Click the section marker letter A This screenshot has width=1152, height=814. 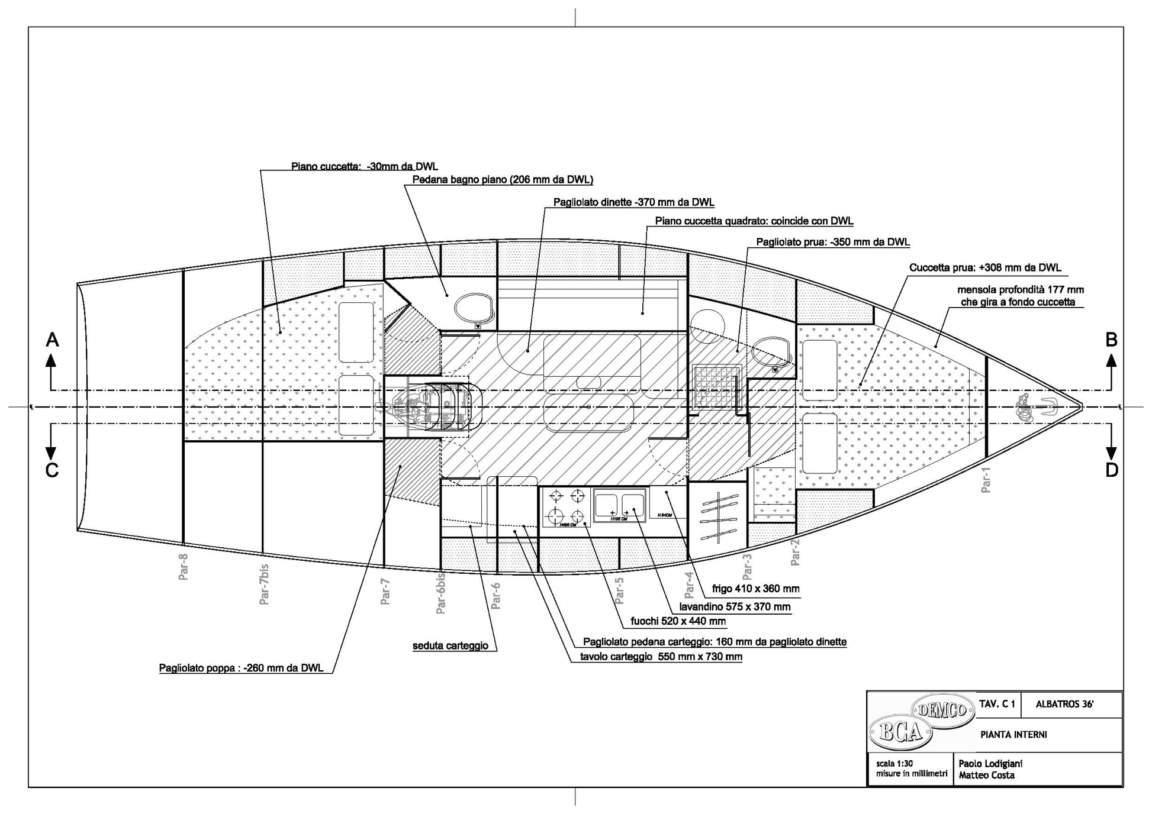click(x=53, y=340)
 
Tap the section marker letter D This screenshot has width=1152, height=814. click(x=1112, y=470)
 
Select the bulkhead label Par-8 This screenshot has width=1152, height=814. click(x=184, y=566)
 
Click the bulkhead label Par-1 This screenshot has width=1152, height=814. click(x=986, y=479)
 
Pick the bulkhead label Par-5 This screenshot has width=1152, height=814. click(x=619, y=590)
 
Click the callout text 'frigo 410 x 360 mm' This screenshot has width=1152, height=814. click(x=755, y=589)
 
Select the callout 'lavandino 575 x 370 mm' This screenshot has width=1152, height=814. click(x=735, y=606)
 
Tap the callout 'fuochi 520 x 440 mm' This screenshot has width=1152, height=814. click(x=678, y=621)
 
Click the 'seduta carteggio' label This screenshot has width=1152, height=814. click(x=450, y=645)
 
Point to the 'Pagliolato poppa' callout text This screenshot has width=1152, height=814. click(x=241, y=668)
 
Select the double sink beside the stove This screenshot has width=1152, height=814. click(x=620, y=506)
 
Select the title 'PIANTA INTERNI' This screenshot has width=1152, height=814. click(x=1013, y=735)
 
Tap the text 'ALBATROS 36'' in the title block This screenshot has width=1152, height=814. click(x=1064, y=705)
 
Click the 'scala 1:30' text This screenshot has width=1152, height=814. click(x=894, y=764)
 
